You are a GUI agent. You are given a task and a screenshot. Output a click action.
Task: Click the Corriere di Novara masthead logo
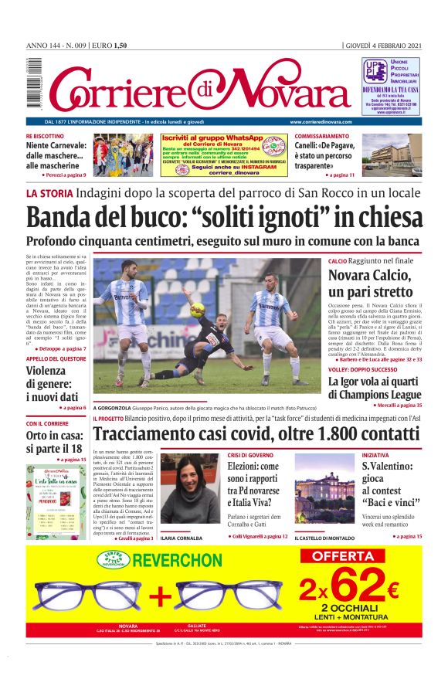click(x=199, y=88)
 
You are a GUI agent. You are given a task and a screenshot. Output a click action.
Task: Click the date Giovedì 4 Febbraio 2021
click(x=382, y=46)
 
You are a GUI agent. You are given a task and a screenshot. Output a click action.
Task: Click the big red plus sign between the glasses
click(x=161, y=596)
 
